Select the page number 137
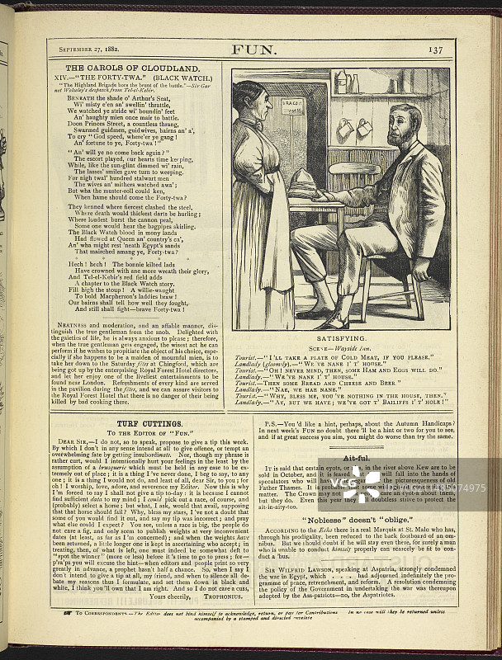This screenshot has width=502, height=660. click(x=435, y=49)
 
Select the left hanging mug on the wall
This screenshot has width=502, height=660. click(x=344, y=130)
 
